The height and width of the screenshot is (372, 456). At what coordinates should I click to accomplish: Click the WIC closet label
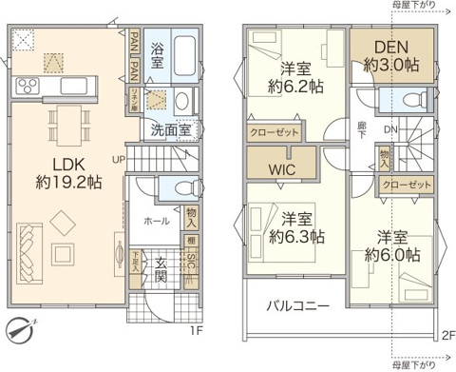281,168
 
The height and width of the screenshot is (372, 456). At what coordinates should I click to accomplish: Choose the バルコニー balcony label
297,306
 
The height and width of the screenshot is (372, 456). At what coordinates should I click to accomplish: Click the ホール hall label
157,221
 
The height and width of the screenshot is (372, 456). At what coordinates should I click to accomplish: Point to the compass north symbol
19,328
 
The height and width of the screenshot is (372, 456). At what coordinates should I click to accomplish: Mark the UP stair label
119,158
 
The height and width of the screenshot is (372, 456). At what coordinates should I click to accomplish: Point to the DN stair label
390,129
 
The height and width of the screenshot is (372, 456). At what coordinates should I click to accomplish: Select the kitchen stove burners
27,88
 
